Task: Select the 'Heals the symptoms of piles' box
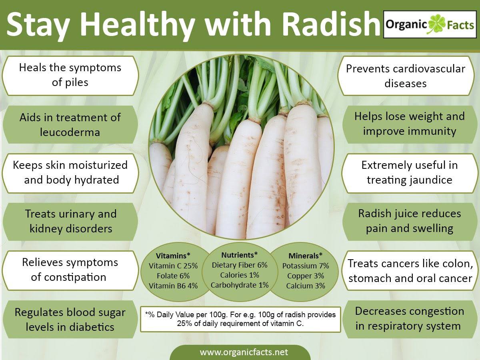pyautogui.click(x=70, y=76)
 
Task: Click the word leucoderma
pyautogui.click(x=70, y=132)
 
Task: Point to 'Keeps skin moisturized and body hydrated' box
pyautogui.click(x=70, y=173)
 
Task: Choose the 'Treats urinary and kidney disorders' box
pyautogui.click(x=70, y=222)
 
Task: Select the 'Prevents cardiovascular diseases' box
pyautogui.click(x=406, y=76)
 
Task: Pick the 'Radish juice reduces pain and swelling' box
pyautogui.click(x=410, y=222)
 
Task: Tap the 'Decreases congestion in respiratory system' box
pyautogui.click(x=410, y=319)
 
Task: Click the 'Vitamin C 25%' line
pyautogui.click(x=173, y=266)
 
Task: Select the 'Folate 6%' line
pyautogui.click(x=173, y=276)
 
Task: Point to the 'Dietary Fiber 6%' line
pyautogui.click(x=240, y=265)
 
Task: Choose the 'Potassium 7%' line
pyautogui.click(x=306, y=266)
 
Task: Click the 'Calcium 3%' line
pyautogui.click(x=306, y=286)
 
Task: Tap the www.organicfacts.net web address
pyautogui.click(x=244, y=352)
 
